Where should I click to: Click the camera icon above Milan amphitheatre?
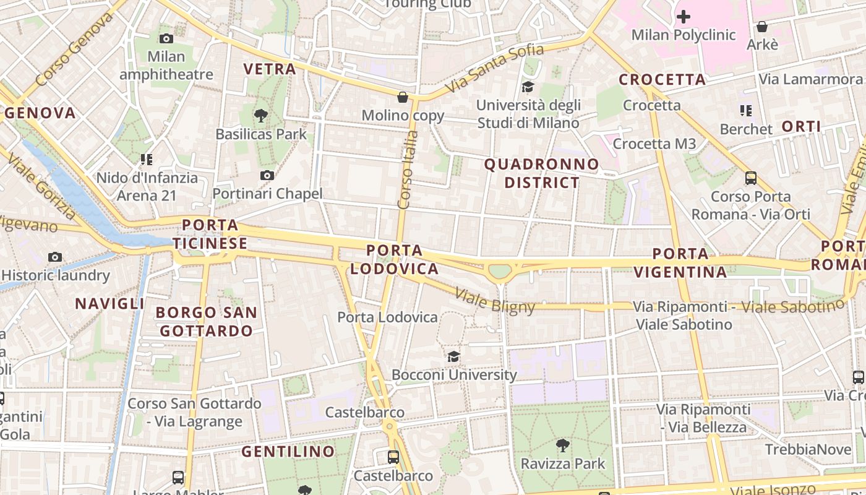click(x=166, y=38)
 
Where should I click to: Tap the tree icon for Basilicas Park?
click(x=260, y=115)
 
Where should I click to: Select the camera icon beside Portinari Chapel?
click(x=267, y=176)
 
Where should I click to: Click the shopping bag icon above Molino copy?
click(x=403, y=97)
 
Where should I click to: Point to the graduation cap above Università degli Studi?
click(x=528, y=87)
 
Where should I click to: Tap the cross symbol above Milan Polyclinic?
click(x=683, y=16)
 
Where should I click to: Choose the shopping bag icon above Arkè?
click(x=762, y=27)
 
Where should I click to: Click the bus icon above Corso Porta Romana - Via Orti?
click(x=751, y=178)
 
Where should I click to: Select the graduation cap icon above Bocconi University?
click(x=454, y=356)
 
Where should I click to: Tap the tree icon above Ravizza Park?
click(x=562, y=445)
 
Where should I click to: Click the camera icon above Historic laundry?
click(x=55, y=257)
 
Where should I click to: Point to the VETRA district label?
click(x=270, y=69)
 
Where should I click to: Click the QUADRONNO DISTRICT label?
click(x=542, y=173)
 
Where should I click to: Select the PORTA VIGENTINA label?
click(x=680, y=263)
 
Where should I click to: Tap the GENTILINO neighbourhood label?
click(x=288, y=452)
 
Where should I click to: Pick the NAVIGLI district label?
click(x=109, y=304)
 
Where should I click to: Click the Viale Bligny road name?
click(x=495, y=301)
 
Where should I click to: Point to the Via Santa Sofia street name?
click(x=494, y=68)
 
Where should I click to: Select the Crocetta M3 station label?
click(x=654, y=144)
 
